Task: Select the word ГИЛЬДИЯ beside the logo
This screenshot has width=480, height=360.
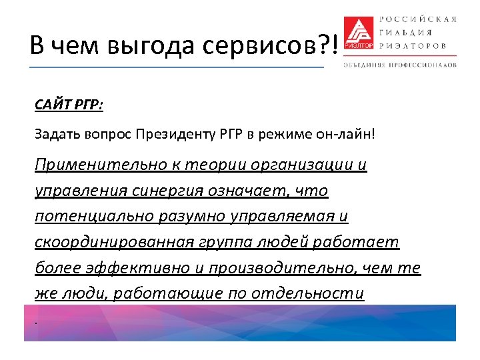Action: click(405, 32)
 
